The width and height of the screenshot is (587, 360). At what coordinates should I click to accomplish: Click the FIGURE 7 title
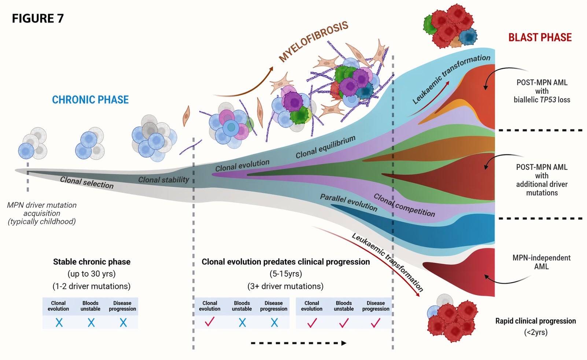tap(38, 18)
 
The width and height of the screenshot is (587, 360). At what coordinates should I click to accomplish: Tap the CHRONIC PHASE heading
tap(90, 100)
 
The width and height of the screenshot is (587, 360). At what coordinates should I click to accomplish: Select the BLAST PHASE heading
tap(540, 37)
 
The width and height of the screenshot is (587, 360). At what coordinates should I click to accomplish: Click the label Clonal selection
tap(87, 182)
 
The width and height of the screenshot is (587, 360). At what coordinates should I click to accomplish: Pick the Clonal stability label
tap(163, 180)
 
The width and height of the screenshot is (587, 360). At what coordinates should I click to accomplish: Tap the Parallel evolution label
tap(348, 202)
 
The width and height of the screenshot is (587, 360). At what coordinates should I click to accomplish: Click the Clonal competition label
tap(404, 205)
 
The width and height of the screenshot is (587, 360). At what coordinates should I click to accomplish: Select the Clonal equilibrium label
tap(325, 147)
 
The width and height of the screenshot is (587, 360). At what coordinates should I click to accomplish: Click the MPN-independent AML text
tap(541, 262)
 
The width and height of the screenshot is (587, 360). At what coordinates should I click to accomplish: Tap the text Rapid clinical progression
tap(535, 321)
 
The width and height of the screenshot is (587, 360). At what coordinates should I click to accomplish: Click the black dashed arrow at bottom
tap(299, 343)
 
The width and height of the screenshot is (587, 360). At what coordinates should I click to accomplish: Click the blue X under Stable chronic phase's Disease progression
tap(123, 323)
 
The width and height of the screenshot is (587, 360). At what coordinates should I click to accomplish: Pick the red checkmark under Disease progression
tap(376, 323)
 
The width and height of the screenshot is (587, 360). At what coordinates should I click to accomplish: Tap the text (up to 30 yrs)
tap(92, 274)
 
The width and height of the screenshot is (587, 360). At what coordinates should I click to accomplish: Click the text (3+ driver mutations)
tap(285, 286)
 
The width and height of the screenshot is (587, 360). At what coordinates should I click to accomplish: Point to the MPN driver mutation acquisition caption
tap(42, 213)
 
